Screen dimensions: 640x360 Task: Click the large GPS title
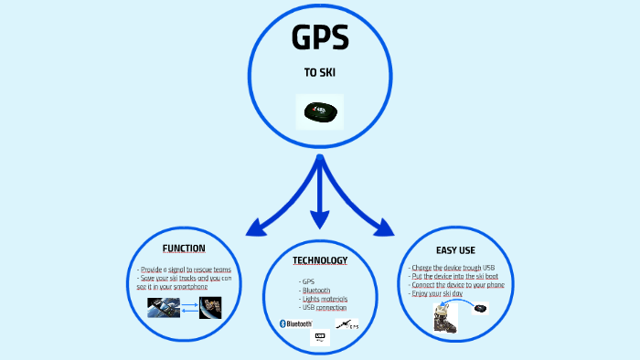319,39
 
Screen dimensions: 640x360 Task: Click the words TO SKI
319,72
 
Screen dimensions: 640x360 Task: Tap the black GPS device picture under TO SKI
319,111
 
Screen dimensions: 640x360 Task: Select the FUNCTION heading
184,249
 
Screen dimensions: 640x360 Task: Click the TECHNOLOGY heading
320,260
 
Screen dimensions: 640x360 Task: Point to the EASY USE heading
455,249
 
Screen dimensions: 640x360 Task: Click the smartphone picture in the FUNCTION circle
164,309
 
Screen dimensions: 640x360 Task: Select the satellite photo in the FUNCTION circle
210,309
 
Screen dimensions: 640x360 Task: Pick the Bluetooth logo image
295,323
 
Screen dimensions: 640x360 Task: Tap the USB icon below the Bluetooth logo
319,337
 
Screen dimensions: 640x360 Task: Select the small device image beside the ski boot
480,309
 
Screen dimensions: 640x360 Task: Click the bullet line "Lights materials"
324,299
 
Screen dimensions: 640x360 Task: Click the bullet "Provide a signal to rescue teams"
185,270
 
